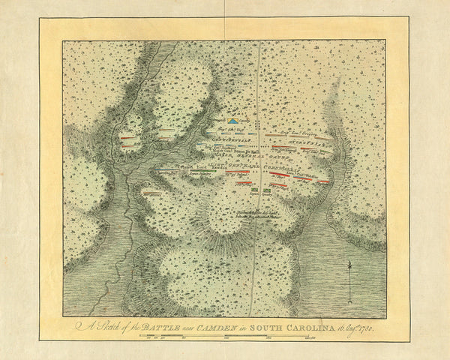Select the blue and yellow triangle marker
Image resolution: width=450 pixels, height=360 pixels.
pos(234,120)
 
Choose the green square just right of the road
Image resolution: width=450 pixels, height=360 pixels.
pos(267,190)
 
